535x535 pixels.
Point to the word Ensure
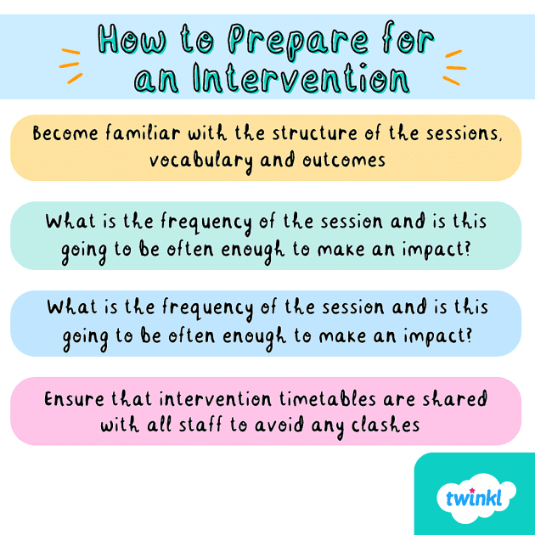(x=72, y=398)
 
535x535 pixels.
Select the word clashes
(x=386, y=424)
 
